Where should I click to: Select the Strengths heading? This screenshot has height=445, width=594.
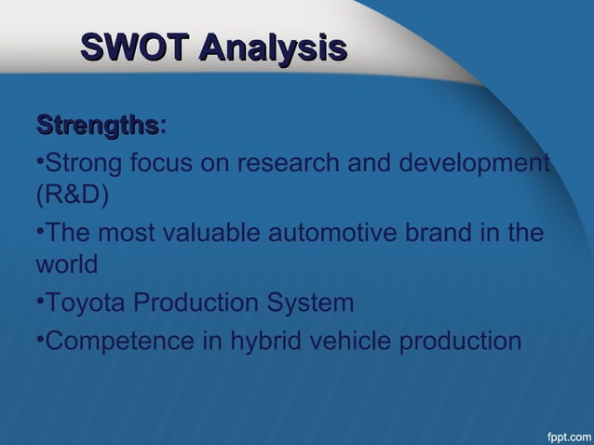[x=96, y=125]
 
